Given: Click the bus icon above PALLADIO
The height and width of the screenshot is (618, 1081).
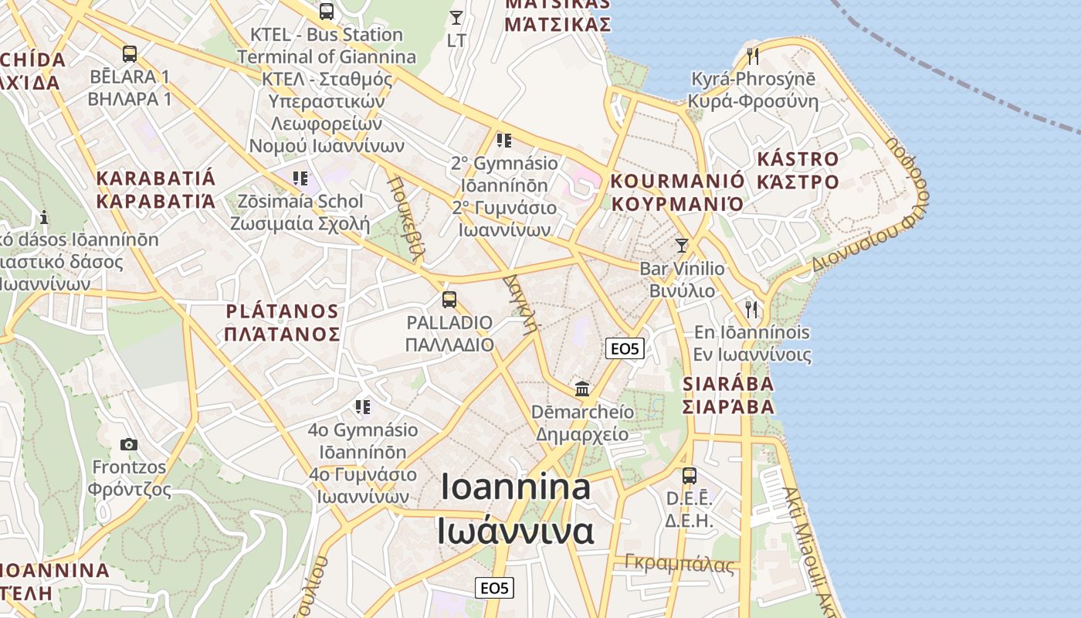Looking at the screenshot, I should point(449,300).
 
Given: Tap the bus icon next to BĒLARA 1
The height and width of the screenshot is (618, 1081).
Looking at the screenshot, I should point(130,54).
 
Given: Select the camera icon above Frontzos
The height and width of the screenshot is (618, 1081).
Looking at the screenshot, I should point(129,444).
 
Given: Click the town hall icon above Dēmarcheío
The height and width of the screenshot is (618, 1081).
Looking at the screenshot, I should point(582,389).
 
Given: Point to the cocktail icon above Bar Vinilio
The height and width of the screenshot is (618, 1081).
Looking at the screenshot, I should point(681,246).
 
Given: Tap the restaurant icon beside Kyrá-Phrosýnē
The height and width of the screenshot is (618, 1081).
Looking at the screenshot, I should point(753,56).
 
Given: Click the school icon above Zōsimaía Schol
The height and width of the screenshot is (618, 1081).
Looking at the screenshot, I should point(300,178).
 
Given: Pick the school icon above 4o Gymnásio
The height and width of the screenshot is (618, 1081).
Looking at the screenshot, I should point(362,407).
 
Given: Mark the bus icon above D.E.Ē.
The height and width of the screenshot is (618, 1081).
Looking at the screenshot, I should point(690,476).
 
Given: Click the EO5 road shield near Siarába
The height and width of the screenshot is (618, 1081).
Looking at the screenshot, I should point(625,348).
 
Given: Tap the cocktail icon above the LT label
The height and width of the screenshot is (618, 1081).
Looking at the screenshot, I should point(456,17).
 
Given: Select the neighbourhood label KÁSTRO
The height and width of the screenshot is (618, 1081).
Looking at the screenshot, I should point(798,160).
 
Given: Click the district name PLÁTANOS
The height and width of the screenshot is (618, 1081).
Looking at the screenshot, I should point(283,312).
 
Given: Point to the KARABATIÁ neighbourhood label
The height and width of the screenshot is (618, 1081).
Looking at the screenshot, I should point(156,178).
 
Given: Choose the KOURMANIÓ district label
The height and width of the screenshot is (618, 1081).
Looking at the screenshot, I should point(678,182).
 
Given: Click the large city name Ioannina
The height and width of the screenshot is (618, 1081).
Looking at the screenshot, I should point(516,487).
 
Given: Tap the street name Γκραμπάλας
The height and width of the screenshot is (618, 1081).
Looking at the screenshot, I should point(679,564).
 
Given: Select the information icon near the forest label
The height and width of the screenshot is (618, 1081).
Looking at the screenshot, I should point(45,217).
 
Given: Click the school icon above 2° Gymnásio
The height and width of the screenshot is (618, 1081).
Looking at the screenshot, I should point(504,141).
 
